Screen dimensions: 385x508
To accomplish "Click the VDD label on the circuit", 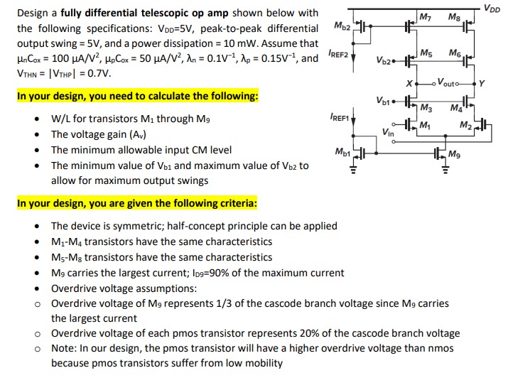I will click(492, 8).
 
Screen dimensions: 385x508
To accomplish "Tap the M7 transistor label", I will click(426, 17).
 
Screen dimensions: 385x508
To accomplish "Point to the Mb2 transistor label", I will click(341, 27).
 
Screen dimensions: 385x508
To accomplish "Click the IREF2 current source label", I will click(338, 55).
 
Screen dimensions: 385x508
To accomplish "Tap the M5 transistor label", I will click(426, 54).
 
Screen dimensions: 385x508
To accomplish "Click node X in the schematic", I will click(409, 84).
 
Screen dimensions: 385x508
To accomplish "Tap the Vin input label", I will click(388, 131).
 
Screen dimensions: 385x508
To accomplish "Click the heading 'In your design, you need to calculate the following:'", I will click(137, 96).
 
